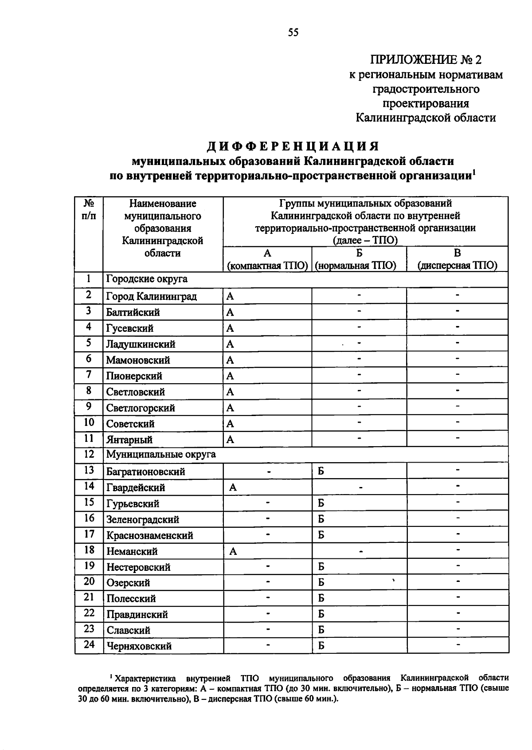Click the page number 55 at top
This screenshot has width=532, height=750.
[293, 32]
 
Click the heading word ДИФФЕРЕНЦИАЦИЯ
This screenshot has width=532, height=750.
[293, 146]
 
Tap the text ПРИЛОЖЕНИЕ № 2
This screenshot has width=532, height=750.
[426, 60]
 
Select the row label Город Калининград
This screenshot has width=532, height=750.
[151, 296]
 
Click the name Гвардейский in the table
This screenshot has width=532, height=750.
[136, 488]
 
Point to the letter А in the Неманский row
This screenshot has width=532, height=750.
[233, 552]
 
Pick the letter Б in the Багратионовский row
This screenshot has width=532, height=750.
[321, 471]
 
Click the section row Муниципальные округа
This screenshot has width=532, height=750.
[161, 455]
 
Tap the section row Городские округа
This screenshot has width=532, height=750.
[147, 279]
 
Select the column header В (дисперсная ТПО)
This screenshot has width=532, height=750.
[457, 259]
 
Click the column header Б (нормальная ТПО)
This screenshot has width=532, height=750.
[359, 259]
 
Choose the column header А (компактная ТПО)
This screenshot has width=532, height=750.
[267, 259]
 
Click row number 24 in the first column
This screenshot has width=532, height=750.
[89, 644]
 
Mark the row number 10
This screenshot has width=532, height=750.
[89, 422]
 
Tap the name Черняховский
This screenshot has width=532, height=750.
[139, 646]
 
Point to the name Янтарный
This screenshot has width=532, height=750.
[129, 440]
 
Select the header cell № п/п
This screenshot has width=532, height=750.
[89, 210]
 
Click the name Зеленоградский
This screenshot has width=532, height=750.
[143, 519]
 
